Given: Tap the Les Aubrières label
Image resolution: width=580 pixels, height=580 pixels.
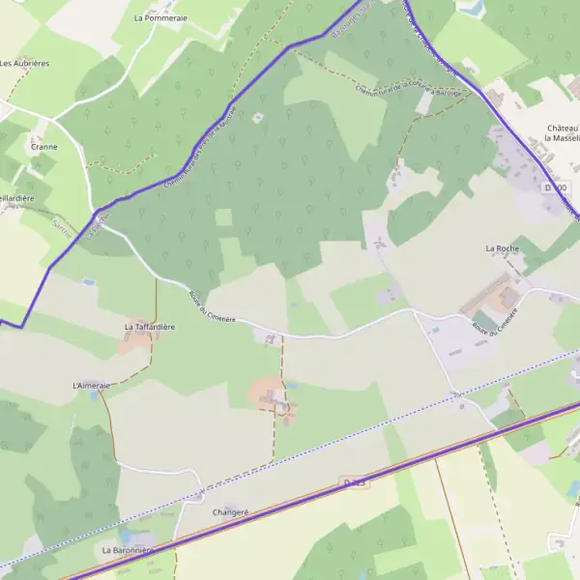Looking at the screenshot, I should [x=24, y=63].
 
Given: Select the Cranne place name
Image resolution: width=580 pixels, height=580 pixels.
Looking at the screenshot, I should [x=43, y=147].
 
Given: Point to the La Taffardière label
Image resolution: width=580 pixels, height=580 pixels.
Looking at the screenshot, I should [x=150, y=327].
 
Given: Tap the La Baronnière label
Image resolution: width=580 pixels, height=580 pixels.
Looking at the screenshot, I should [x=128, y=549].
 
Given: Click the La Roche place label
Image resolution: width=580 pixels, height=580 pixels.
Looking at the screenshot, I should [x=503, y=248].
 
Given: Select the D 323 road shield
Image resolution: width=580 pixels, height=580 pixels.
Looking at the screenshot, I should [x=355, y=479].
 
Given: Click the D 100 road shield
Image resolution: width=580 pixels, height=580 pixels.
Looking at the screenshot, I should [x=557, y=187].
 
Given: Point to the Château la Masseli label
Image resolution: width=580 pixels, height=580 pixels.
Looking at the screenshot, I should [x=562, y=132].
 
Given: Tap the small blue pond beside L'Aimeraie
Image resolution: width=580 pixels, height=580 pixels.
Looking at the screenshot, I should [x=94, y=395].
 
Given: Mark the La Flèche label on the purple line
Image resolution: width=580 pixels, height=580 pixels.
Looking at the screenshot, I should [x=94, y=229].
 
